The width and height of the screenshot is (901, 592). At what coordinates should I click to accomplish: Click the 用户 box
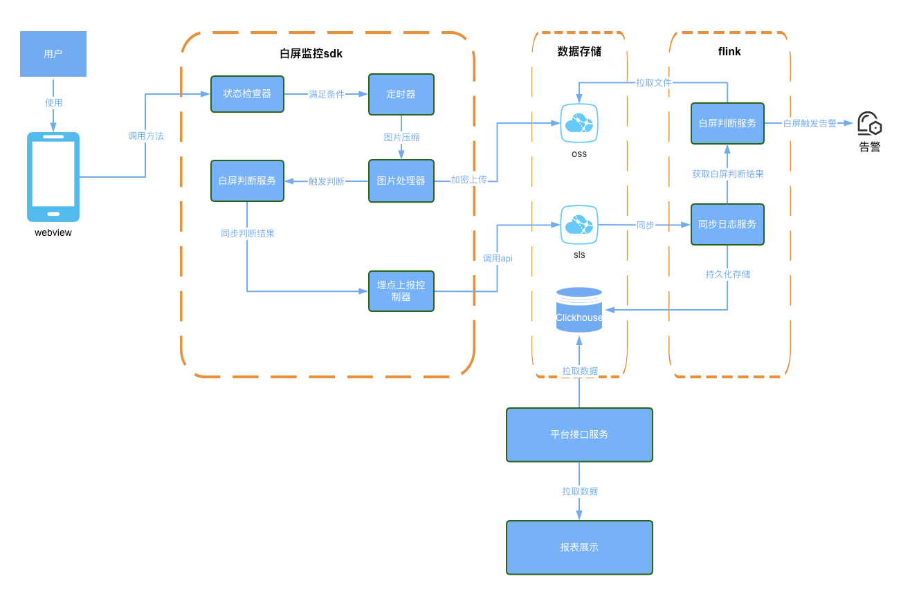(53, 54)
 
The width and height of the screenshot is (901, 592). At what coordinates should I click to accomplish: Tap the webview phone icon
(53, 177)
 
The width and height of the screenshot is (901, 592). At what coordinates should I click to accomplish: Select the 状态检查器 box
(247, 94)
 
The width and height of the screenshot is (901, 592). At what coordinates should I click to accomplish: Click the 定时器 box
(401, 94)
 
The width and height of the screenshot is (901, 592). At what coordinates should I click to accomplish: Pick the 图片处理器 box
(401, 181)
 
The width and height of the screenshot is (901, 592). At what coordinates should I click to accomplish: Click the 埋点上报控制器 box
(401, 291)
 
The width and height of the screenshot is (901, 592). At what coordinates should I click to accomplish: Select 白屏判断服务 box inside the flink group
(727, 123)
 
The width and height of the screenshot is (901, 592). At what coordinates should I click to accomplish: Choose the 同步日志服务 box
(727, 224)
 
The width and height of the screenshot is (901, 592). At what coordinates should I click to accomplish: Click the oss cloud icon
(579, 123)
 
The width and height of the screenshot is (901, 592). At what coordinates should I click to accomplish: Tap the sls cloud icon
(579, 225)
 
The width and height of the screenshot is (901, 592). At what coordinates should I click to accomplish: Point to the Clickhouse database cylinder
(579, 310)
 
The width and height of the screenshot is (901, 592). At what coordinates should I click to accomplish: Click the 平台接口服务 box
(579, 434)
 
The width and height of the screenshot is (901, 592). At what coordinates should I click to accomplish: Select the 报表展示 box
(579, 547)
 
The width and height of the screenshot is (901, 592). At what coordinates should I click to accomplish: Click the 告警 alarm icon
(869, 124)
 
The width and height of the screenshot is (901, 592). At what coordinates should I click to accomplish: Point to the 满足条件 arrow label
(326, 94)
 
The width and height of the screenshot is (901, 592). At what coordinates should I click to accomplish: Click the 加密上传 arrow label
(468, 180)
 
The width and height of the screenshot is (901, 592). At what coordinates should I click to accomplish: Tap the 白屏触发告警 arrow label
(810, 123)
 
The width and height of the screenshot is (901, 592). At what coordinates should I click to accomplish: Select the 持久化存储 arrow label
(727, 274)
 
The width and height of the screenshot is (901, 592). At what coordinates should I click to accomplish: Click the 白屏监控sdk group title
(311, 53)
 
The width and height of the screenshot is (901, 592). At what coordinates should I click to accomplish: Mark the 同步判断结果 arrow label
(247, 233)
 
